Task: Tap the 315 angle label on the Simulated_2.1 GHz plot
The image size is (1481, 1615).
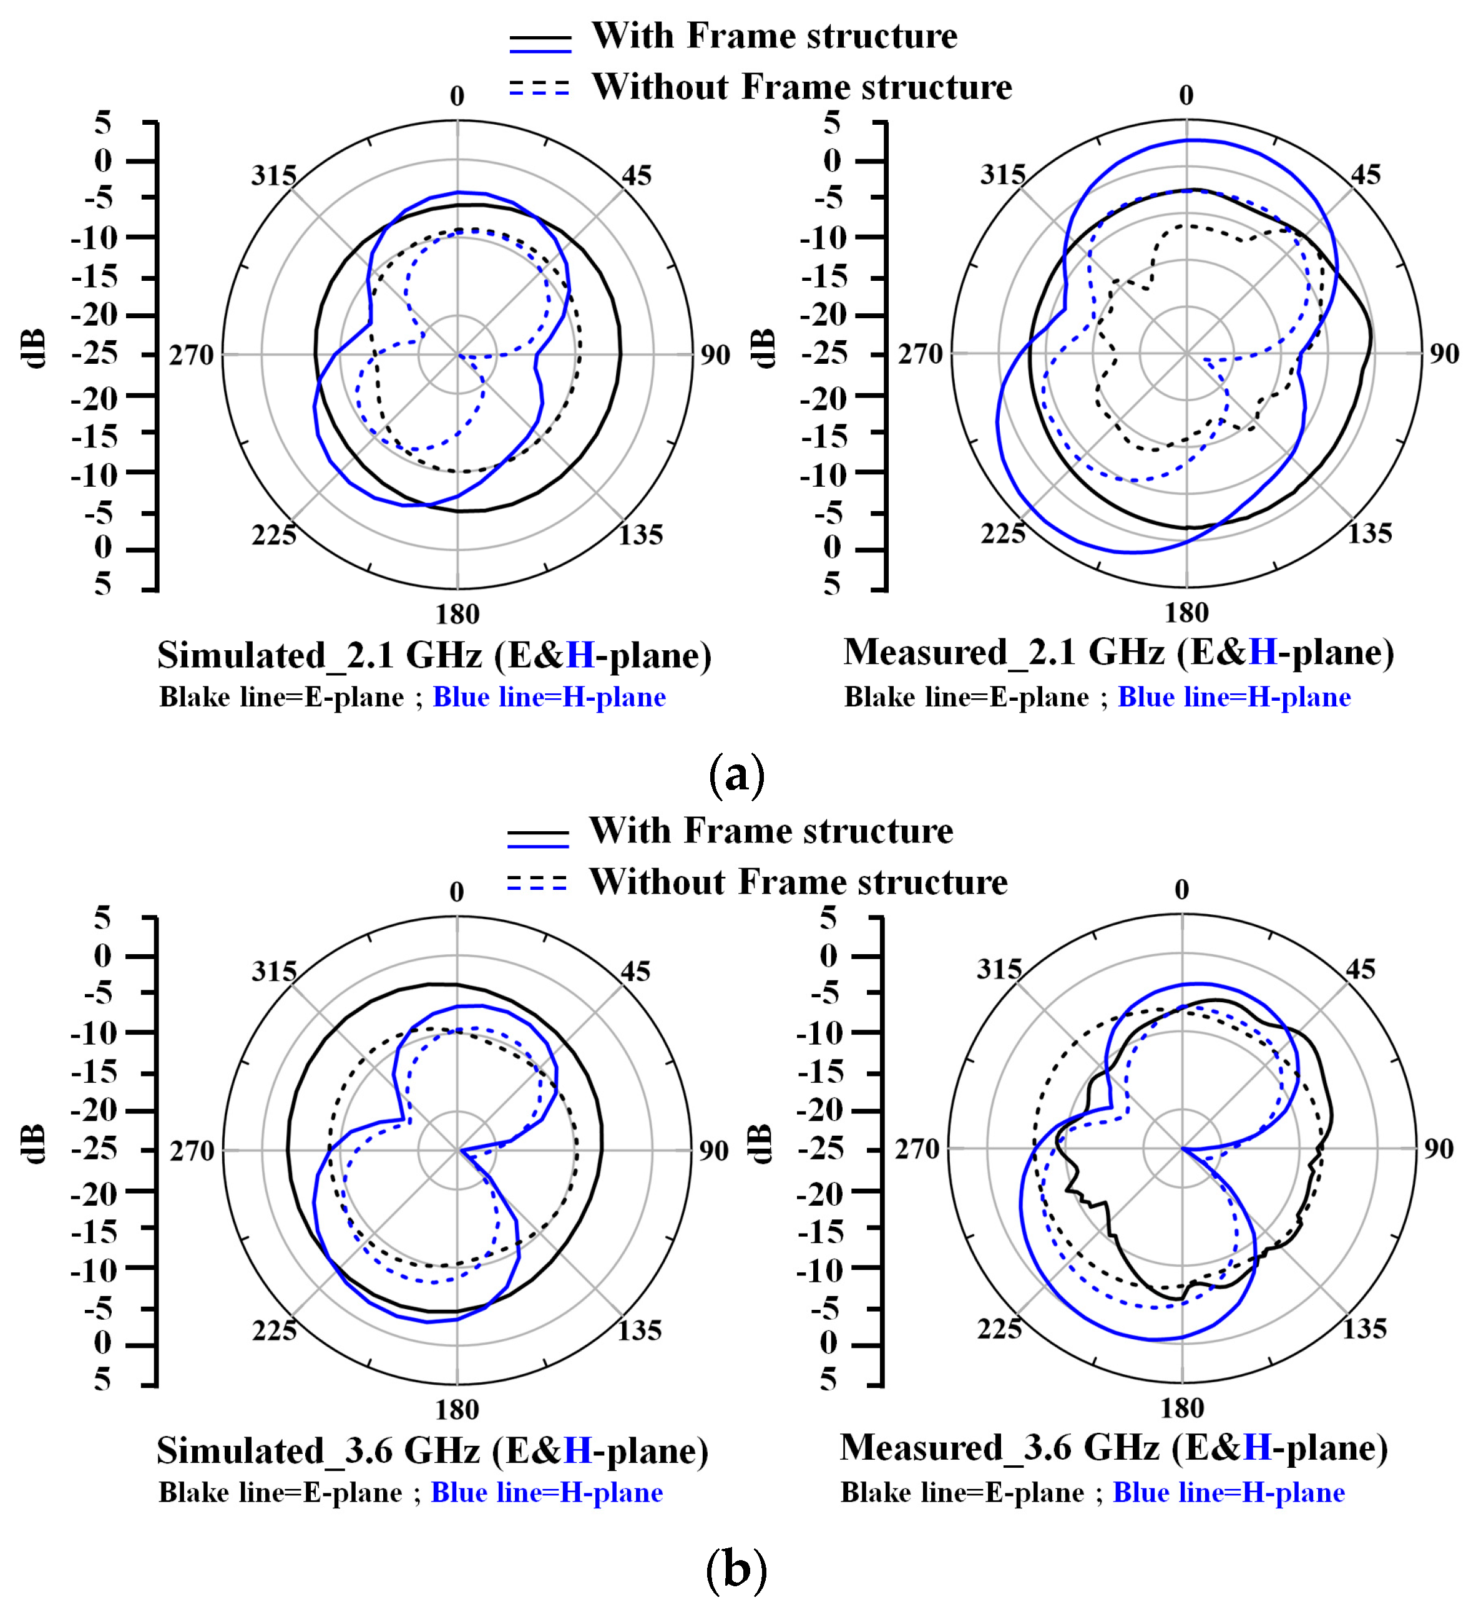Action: click(x=274, y=175)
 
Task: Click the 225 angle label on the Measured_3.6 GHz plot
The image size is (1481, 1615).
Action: click(x=999, y=1328)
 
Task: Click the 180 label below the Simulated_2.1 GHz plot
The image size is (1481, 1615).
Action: click(x=457, y=615)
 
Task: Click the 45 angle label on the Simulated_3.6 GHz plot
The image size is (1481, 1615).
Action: click(x=635, y=972)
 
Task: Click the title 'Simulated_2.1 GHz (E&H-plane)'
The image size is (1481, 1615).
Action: click(x=434, y=656)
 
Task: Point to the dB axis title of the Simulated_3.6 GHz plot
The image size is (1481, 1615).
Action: click(x=33, y=1144)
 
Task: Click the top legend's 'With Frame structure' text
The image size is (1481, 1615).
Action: click(x=774, y=36)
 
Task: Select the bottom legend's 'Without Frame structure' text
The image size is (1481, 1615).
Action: click(x=798, y=882)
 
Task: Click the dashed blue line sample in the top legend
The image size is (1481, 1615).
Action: click(x=539, y=88)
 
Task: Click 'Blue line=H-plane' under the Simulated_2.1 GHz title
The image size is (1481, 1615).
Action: click(x=549, y=697)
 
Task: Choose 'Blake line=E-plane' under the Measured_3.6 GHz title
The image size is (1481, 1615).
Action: click(x=962, y=1492)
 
